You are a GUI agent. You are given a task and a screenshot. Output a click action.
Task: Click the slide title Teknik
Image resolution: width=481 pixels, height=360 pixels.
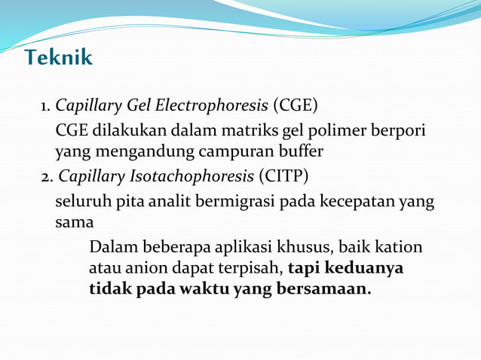[x=58, y=57]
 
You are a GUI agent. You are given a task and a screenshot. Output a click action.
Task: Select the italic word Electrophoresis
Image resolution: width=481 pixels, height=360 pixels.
[x=219, y=105]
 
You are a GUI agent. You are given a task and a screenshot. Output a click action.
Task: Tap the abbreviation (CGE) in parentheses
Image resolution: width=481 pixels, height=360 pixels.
[x=296, y=104]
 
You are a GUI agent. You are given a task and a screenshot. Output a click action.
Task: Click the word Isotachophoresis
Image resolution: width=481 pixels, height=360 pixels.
[x=197, y=178]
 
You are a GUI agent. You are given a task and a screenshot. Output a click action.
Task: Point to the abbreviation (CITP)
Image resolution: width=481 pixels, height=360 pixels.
[x=283, y=178]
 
